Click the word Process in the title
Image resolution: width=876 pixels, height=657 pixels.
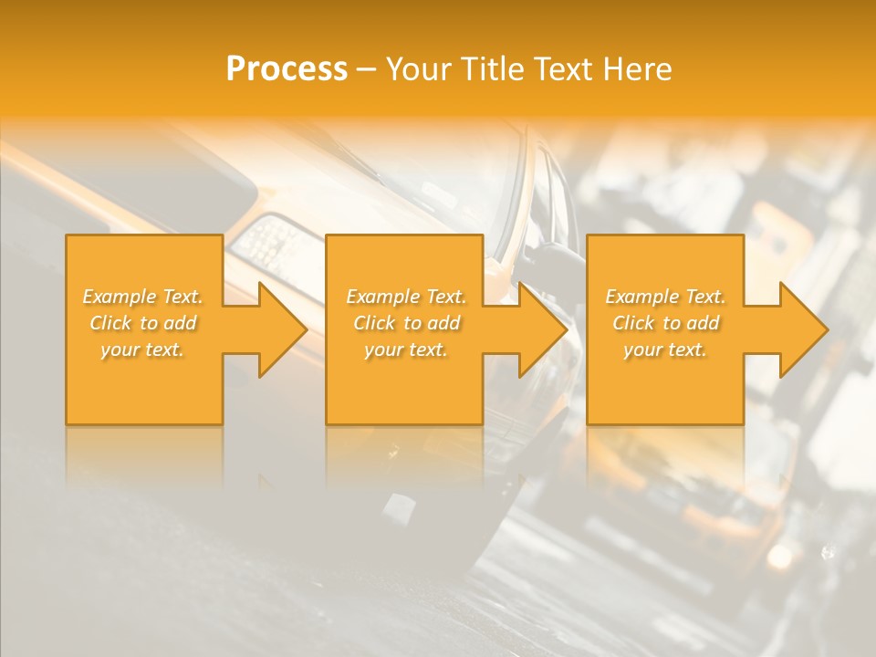287,68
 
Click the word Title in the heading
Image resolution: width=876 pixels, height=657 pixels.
491,68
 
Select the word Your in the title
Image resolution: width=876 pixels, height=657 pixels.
420,68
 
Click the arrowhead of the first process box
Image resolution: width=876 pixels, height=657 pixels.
278,329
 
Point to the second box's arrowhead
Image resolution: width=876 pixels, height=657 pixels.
539,329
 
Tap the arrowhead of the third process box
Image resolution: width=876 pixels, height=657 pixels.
799,329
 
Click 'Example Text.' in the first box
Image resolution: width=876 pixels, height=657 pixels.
143,297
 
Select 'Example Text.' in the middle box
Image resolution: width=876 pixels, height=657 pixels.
406,297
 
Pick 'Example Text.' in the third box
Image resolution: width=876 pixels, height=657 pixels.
665,297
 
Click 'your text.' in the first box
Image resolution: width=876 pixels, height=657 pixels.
142,349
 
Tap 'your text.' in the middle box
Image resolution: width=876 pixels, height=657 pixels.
406,349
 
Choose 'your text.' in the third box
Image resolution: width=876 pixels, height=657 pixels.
665,349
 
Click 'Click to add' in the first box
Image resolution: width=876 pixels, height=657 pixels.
143,323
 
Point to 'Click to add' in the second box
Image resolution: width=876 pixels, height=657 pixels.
406,323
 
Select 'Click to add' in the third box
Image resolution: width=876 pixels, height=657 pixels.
665,323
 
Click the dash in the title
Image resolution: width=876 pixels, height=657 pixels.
367,69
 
